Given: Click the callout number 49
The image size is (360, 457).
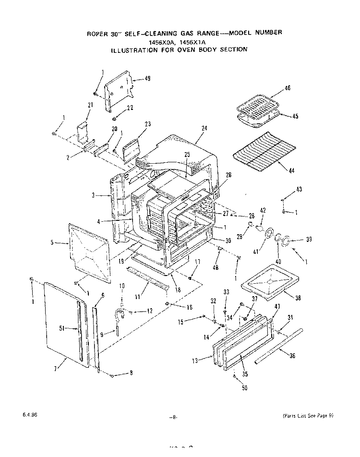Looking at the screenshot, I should pos(148,79).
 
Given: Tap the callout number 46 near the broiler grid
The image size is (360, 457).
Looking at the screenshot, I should pos(288,88).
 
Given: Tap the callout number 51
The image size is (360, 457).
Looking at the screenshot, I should pos(61,329).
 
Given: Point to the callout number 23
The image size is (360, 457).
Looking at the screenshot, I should pos(148,124).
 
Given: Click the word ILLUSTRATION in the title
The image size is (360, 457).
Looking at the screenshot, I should pos(137,49).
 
